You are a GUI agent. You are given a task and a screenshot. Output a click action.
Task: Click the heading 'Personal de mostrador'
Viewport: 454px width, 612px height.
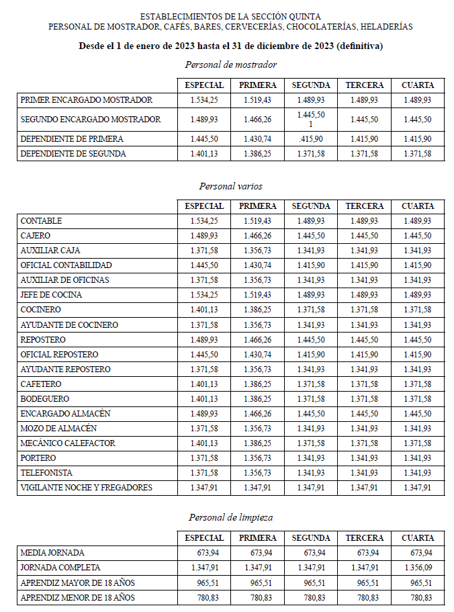[230, 64]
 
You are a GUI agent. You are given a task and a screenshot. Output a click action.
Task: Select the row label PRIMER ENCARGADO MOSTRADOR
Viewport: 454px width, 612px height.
[87, 100]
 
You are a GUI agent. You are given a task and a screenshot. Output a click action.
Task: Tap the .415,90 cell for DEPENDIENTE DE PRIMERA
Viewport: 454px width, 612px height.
[310, 139]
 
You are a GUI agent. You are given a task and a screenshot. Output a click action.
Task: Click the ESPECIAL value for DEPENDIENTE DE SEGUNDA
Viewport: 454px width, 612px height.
[203, 154]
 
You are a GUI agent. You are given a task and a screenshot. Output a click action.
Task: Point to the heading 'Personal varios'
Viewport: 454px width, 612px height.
[230, 185]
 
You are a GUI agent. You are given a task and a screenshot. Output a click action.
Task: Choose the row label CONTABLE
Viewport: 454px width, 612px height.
[42, 221]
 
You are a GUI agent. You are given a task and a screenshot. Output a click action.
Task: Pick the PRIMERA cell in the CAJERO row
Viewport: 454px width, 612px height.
[257, 236]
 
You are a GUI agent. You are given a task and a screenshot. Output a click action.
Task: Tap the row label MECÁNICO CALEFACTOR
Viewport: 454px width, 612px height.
[68, 443]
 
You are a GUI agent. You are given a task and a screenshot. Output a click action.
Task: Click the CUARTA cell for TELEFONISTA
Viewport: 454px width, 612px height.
[418, 473]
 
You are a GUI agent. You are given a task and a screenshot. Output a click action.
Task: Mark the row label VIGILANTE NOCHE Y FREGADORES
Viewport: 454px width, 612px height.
[87, 488]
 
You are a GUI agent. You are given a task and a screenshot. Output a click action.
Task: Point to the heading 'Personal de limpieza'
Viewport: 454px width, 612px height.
[230, 517]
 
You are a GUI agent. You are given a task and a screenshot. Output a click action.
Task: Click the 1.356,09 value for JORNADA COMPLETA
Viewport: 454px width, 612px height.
[418, 568]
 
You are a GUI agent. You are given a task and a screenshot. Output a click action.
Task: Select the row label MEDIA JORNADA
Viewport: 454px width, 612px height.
[52, 553]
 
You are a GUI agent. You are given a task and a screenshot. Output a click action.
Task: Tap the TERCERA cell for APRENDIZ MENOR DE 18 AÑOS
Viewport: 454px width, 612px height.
[365, 597]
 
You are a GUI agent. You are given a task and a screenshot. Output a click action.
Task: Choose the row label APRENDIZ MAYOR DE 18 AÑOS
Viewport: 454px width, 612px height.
[78, 582]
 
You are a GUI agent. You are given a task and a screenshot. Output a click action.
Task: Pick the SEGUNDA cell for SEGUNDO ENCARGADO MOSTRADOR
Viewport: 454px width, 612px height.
[310, 120]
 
